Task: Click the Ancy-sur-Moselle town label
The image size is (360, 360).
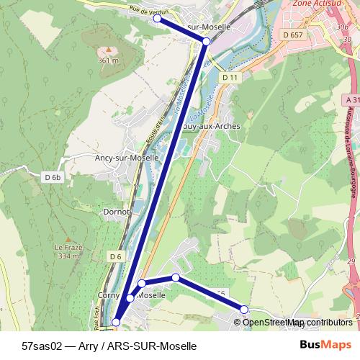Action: tap(127, 156)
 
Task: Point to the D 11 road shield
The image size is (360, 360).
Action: tap(230, 77)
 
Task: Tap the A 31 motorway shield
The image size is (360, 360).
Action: tap(351, 99)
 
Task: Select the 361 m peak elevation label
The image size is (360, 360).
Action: tap(108, 60)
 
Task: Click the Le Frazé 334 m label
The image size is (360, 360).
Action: tap(67, 251)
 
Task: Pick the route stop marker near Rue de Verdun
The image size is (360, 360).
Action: tap(158, 19)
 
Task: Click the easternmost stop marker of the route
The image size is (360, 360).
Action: tap(244, 309)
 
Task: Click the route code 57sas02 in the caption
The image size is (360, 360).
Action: tap(42, 346)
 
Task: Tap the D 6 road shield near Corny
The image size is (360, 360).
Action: tap(116, 256)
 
